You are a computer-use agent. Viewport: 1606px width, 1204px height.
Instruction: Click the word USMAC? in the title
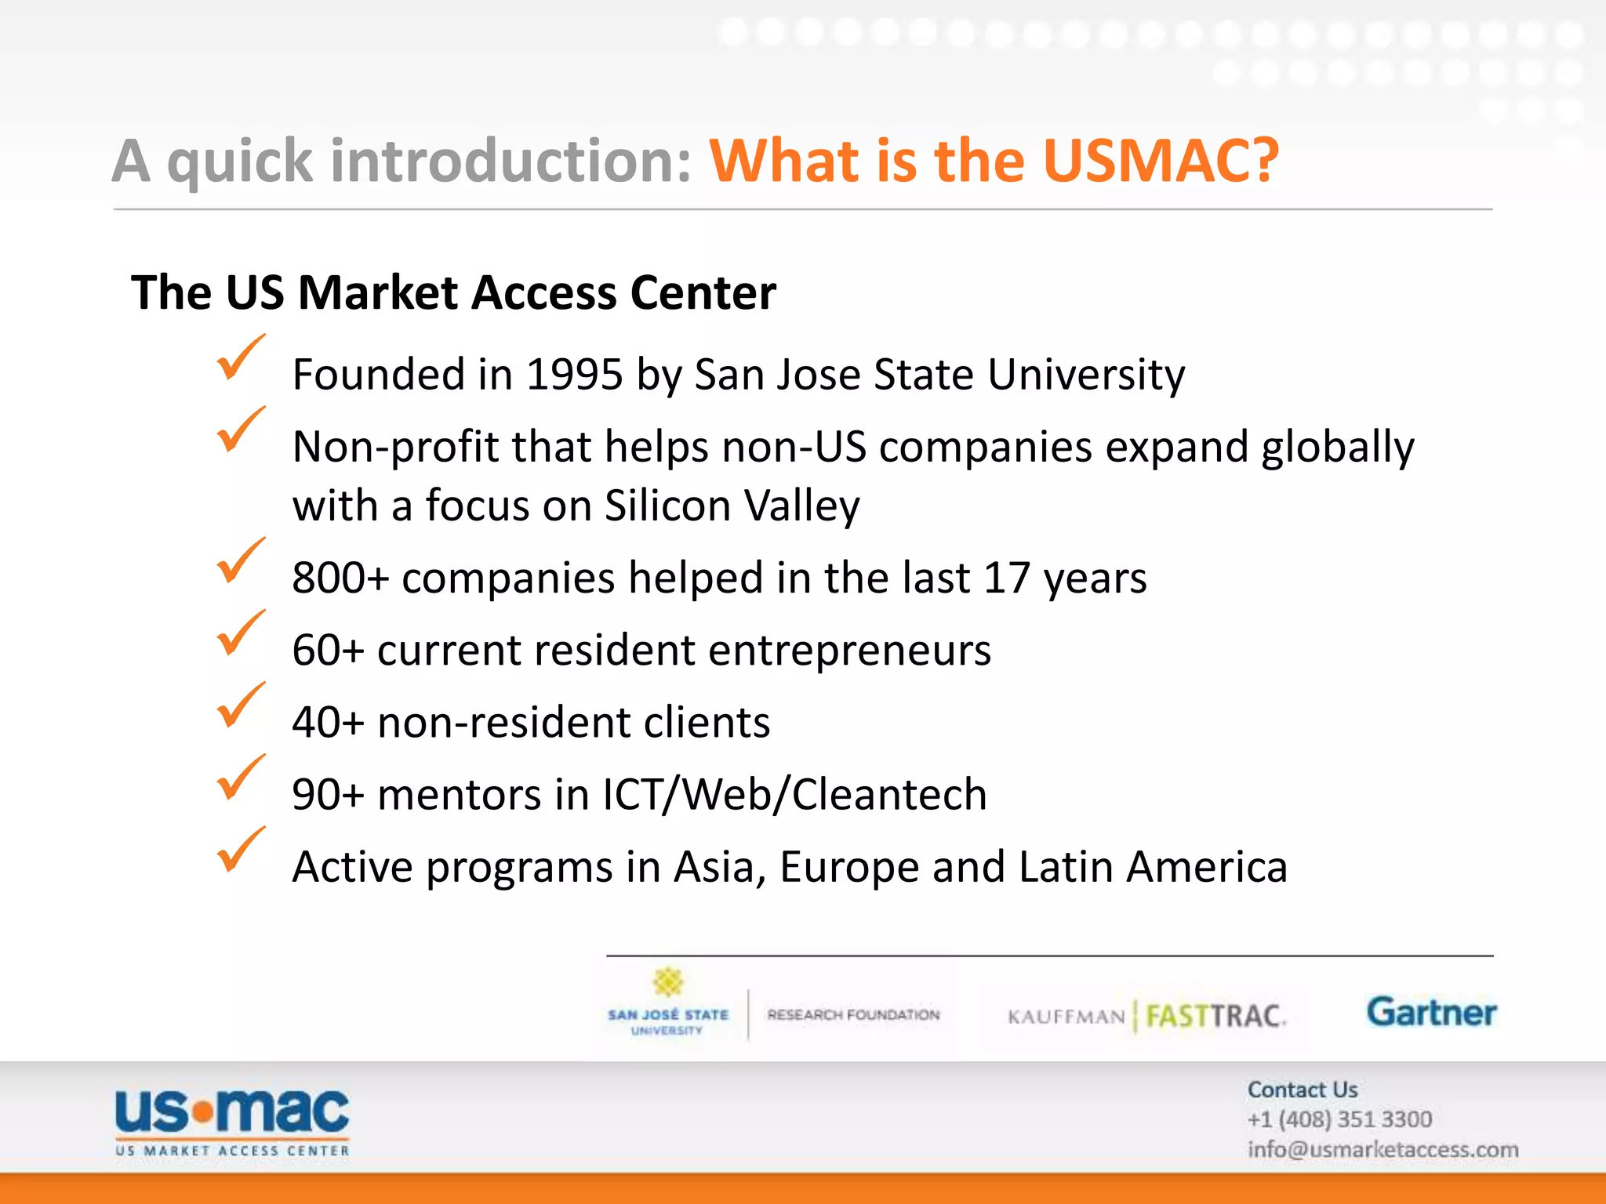1161,161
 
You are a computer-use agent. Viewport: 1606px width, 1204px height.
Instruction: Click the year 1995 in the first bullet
574,375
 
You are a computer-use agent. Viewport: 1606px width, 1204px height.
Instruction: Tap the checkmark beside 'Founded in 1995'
240,359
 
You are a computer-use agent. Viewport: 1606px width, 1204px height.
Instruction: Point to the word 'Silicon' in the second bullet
667,506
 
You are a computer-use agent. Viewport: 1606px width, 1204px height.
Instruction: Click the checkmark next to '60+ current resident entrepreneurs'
240,634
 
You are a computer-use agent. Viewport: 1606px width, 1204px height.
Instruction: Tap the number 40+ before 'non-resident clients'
328,723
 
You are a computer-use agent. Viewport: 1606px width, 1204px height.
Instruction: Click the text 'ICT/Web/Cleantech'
794,795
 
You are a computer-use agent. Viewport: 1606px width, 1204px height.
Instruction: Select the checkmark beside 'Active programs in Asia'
240,851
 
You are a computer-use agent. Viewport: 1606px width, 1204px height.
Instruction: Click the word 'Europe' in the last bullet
848,868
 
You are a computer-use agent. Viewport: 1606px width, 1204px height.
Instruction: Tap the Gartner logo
1431,1012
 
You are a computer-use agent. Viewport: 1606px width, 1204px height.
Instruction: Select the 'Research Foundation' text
853,1015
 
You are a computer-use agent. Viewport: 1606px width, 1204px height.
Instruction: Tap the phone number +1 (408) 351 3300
1339,1119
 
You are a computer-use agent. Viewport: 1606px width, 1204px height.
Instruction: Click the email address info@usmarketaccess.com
1383,1150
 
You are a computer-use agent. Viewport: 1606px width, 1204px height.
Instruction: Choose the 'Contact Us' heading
1302,1090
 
